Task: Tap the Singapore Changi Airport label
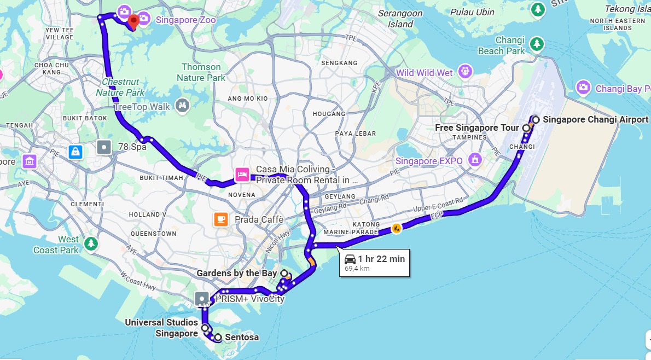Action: coord(595,119)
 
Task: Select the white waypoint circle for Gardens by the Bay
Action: coord(284,272)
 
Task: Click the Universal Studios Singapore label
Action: coord(161,328)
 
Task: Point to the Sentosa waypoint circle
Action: coord(218,338)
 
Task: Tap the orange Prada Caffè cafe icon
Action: coord(221,219)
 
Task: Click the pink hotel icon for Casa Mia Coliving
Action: coord(242,175)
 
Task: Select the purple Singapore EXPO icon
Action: coord(475,160)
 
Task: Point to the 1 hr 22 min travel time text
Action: coord(381,259)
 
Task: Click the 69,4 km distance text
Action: coord(357,269)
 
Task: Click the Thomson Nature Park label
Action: coord(201,72)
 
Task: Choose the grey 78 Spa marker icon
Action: coord(103,147)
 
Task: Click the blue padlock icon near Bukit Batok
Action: coord(75,152)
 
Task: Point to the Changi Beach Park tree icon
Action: coord(537,43)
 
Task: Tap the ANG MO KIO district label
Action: coord(247,98)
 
